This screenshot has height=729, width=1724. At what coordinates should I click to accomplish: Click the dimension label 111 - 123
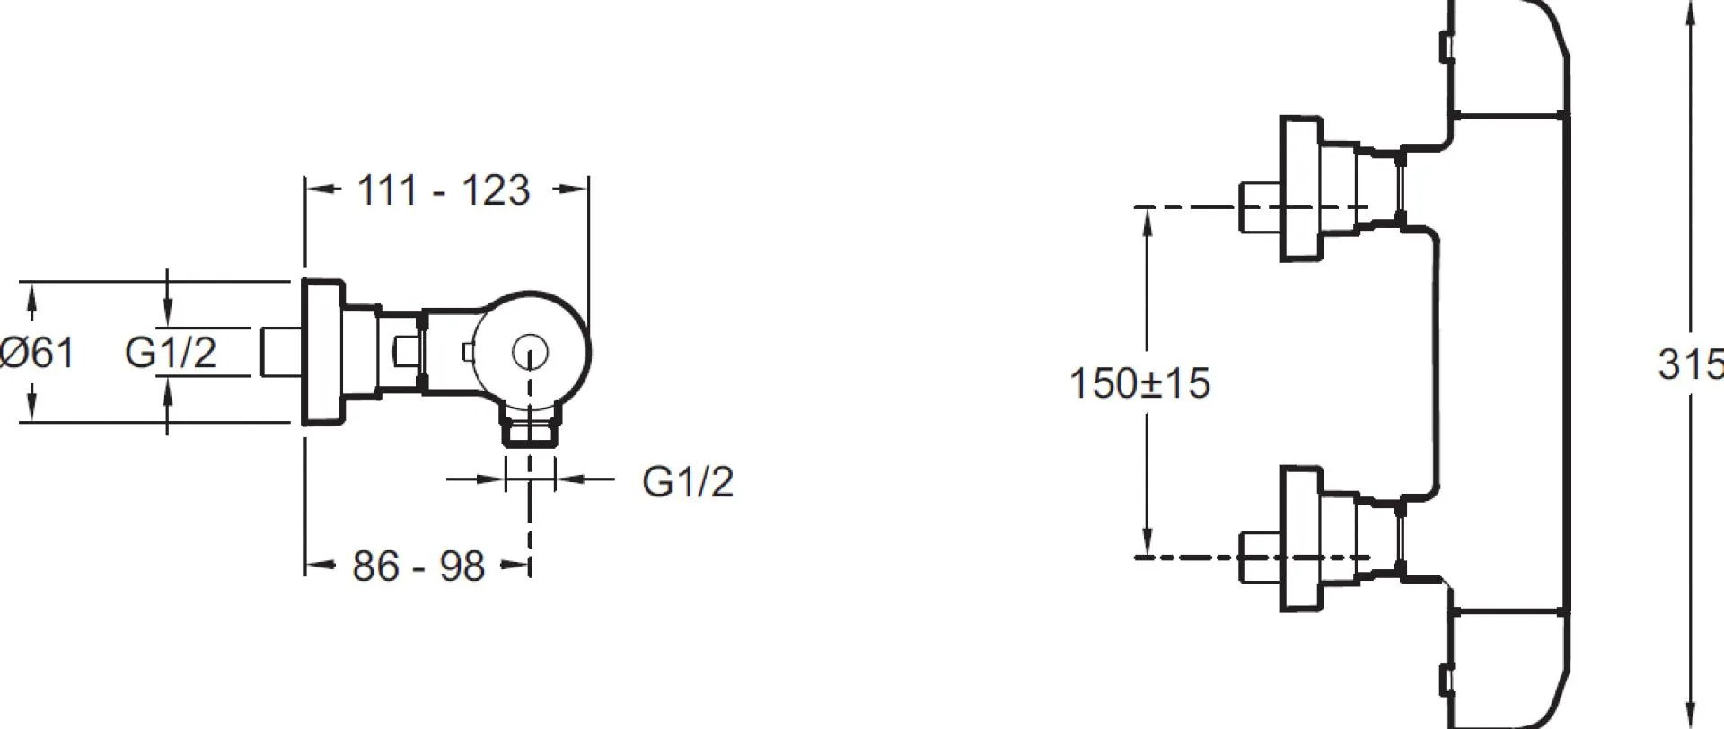(444, 190)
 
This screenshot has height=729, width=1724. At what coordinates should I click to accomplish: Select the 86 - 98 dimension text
(418, 567)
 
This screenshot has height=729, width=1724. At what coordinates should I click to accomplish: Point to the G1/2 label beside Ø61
(171, 352)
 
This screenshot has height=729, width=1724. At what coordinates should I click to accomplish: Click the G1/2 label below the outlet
(688, 481)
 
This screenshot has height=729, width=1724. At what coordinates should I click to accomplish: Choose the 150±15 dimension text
(1139, 383)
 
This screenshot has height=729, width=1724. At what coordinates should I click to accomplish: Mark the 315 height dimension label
(1690, 364)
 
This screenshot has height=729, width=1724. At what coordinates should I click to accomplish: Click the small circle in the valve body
(531, 353)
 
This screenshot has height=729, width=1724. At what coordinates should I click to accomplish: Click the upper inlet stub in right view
(1260, 207)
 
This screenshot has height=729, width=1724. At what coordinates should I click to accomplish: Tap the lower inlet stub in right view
(1260, 558)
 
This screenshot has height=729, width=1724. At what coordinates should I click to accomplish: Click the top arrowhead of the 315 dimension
(1692, 11)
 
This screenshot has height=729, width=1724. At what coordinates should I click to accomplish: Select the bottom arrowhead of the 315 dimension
(1692, 716)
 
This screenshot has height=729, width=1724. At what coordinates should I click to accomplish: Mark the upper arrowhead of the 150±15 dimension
(1147, 221)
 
